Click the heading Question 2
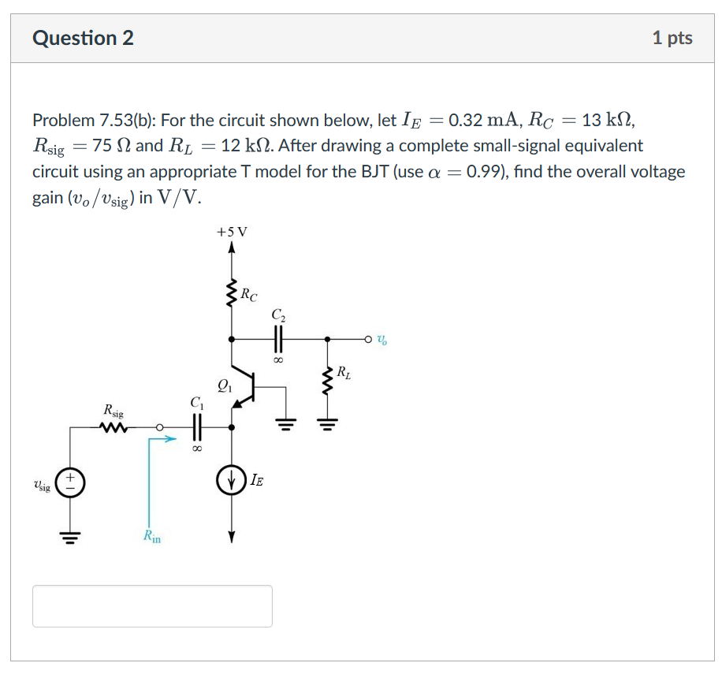click(x=83, y=38)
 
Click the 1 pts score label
click(x=672, y=38)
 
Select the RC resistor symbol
click(x=232, y=296)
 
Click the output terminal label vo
click(x=381, y=341)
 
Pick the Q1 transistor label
click(x=224, y=386)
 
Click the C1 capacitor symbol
click(x=197, y=428)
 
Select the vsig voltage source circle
click(x=72, y=482)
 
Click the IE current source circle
click(x=232, y=482)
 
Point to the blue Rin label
click(x=151, y=537)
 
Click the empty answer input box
click(x=152, y=605)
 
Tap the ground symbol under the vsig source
click(x=72, y=540)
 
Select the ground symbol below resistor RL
click(x=329, y=429)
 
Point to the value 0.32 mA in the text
click(x=478, y=121)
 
